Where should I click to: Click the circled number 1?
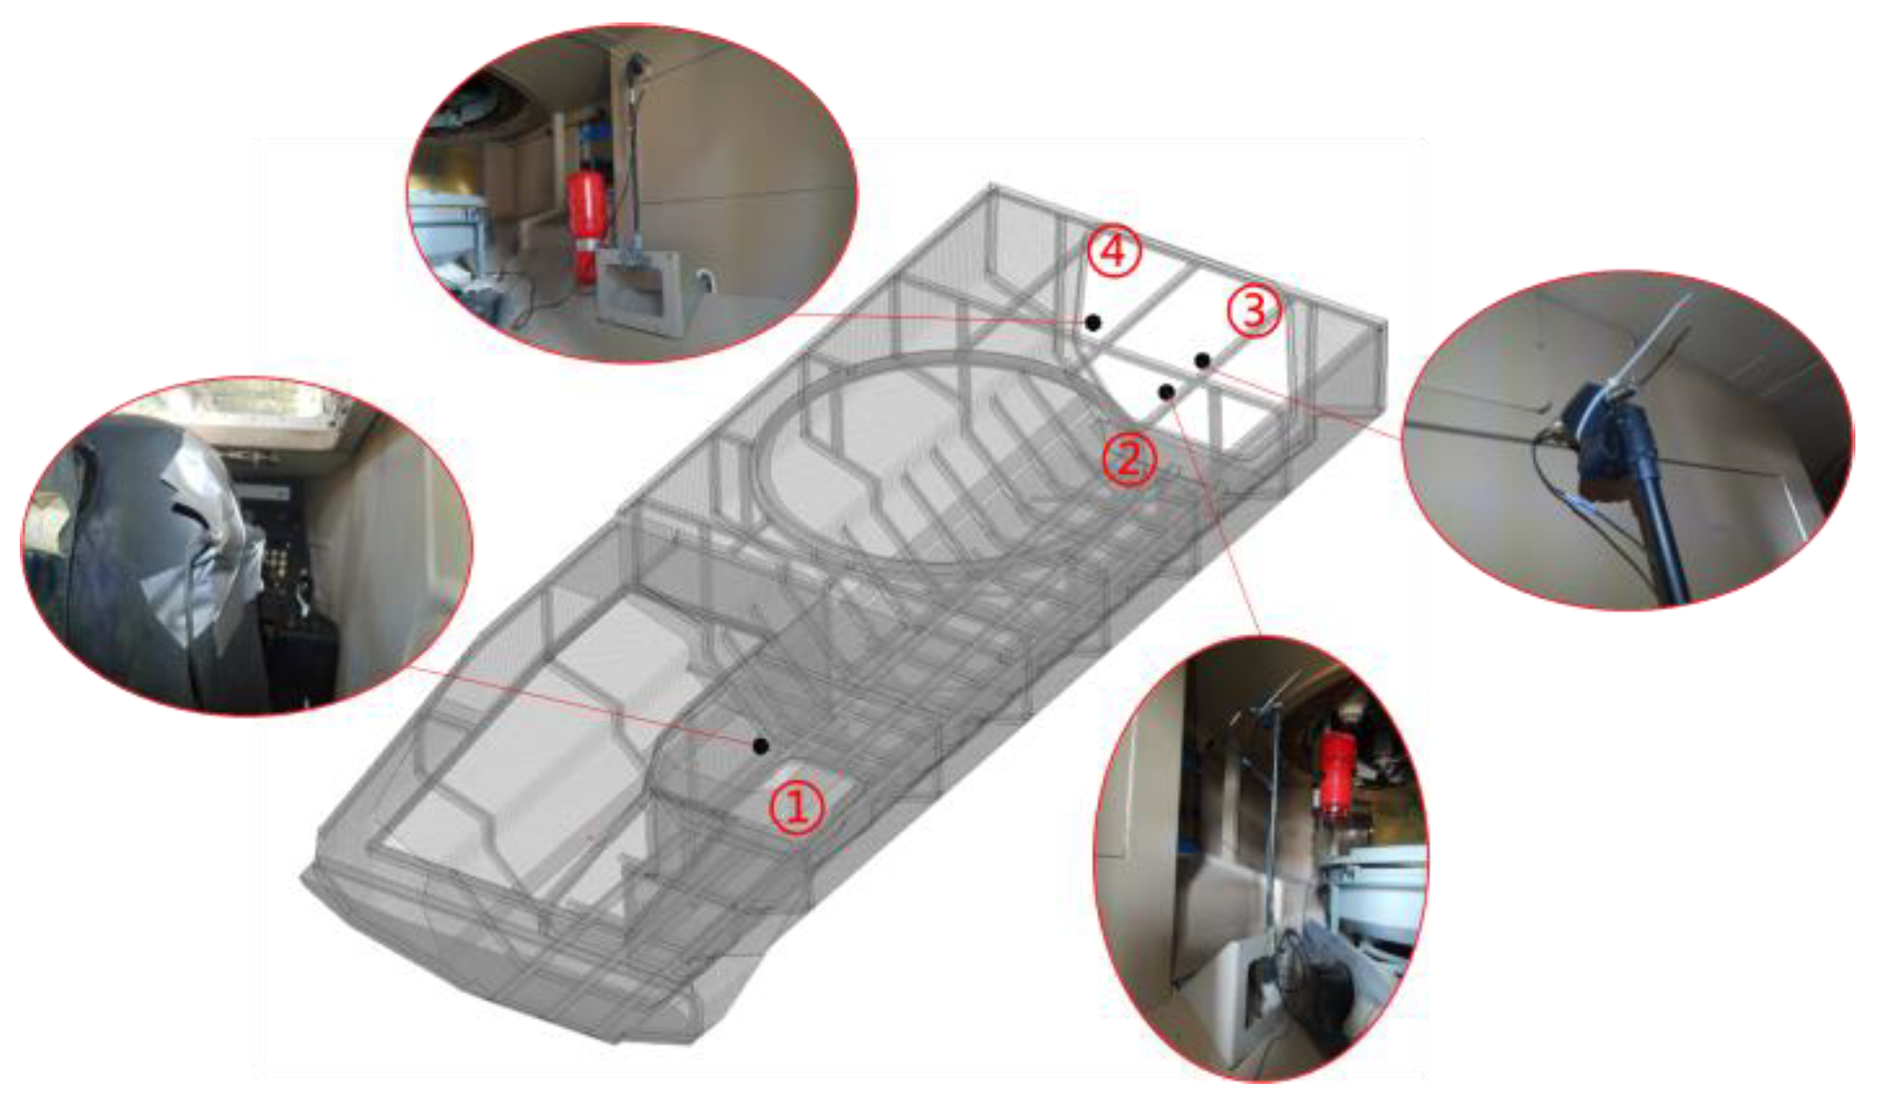(x=797, y=806)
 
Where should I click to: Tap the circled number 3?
(x=1253, y=311)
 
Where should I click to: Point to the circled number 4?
(x=1114, y=251)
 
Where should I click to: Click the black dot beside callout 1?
(x=760, y=746)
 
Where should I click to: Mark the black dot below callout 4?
(x=1093, y=323)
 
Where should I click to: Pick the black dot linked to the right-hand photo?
(x=1202, y=360)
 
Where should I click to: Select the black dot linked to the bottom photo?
(x=1167, y=393)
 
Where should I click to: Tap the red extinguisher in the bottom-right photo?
(x=1337, y=774)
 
